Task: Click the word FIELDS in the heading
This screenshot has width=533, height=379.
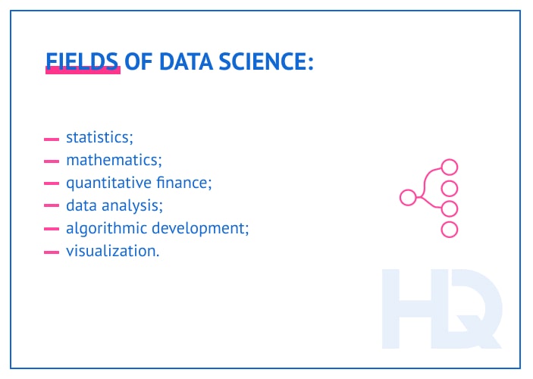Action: click(x=83, y=61)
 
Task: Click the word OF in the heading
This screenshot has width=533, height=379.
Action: click(x=139, y=61)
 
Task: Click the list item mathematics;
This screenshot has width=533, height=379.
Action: click(x=114, y=160)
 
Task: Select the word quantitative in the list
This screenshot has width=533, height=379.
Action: click(x=105, y=183)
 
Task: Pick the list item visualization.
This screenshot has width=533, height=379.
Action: click(x=112, y=251)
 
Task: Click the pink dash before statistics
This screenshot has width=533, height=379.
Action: click(x=52, y=139)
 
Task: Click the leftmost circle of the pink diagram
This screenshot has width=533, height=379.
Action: click(x=408, y=198)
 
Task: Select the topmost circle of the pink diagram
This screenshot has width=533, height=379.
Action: click(x=450, y=167)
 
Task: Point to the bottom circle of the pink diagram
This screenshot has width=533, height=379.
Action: click(x=450, y=230)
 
